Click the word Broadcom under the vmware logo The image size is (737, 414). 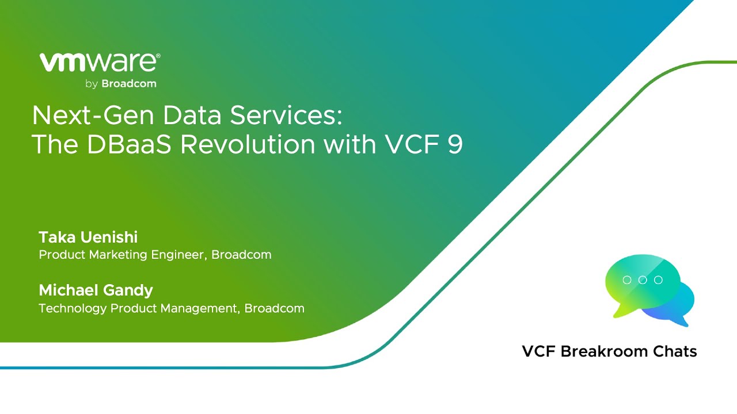129,84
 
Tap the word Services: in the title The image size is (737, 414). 286,116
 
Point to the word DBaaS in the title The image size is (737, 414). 129,144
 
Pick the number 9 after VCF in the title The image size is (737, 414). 455,144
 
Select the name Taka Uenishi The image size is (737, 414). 88,237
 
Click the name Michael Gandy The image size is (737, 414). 96,290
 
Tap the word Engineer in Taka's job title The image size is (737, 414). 178,255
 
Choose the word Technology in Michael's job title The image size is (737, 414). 73,309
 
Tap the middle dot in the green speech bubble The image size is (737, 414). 643,280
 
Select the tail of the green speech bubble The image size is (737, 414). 624,310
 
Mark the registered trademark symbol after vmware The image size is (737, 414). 158,56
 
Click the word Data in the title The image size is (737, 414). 192,116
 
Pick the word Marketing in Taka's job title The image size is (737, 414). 118,255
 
